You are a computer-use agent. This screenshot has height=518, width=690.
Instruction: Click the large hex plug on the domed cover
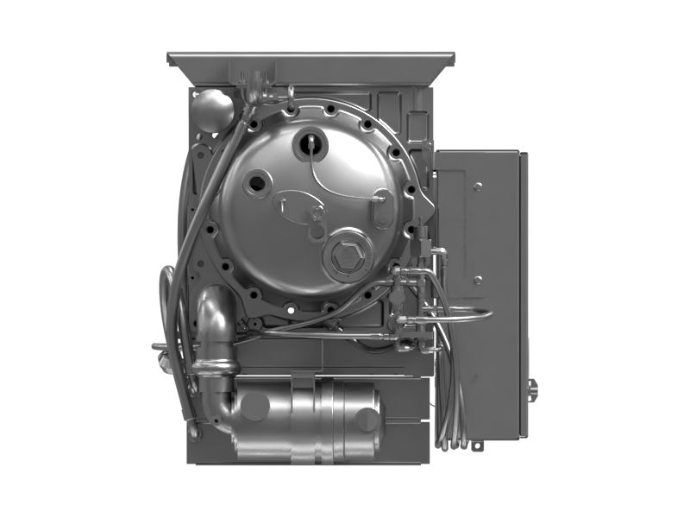(x=346, y=256)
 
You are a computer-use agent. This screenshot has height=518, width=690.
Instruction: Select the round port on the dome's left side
(x=257, y=182)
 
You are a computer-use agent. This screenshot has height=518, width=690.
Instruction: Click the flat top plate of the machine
(x=310, y=61)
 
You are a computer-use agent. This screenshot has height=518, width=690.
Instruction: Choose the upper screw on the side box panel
(x=477, y=186)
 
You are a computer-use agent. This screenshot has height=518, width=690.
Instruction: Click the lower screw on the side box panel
(x=477, y=280)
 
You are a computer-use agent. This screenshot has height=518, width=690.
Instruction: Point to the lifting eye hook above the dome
(x=292, y=99)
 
